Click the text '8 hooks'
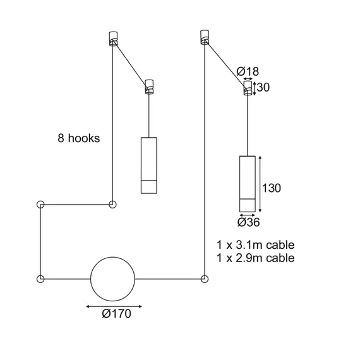click(x=78, y=138)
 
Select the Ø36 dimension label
click(x=249, y=222)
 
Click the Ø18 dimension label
click(x=248, y=71)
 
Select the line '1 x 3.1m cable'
click(x=255, y=244)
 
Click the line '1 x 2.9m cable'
click(x=255, y=258)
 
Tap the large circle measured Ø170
click(x=113, y=279)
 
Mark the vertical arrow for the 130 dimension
click(x=260, y=183)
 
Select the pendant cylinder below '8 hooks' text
click(x=147, y=164)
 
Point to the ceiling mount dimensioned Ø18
click(x=248, y=88)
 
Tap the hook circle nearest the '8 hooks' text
click(x=112, y=204)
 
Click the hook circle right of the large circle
click(x=204, y=278)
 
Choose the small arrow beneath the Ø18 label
click(x=248, y=80)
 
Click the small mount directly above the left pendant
click(x=150, y=86)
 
